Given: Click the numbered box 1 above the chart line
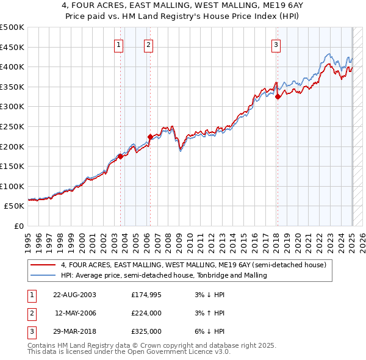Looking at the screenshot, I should pos(118,44).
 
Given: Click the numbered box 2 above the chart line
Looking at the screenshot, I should pos(148,44).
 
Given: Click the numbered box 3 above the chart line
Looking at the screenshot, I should pos(276,44).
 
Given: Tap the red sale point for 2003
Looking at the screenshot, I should pos(121,156).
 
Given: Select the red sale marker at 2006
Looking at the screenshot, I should pos(150,137).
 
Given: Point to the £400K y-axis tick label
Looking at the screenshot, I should pos(12,67).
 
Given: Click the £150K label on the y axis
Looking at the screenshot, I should pos(12,166).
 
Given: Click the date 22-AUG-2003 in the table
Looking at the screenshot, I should pos(75,295).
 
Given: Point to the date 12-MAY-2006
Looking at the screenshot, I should pos(75,313).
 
